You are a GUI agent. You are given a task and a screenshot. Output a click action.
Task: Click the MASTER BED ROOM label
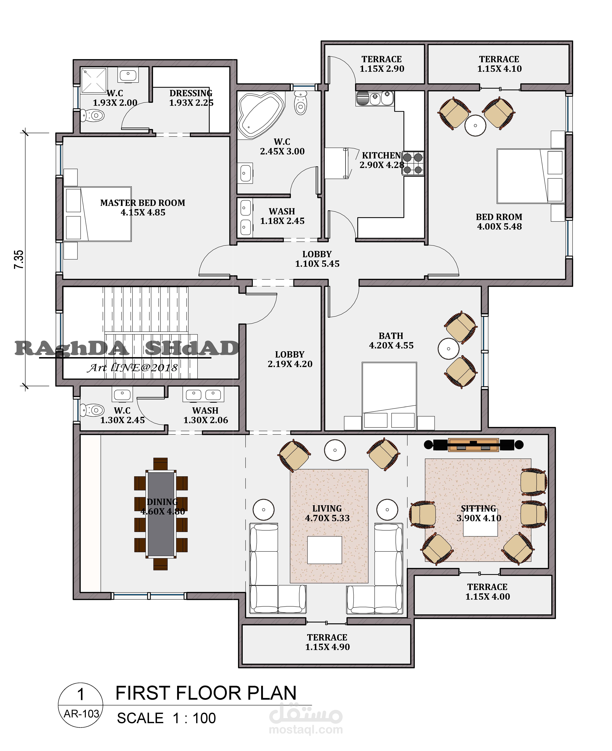coord(143,207)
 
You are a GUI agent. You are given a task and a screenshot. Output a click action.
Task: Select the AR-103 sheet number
coord(81,714)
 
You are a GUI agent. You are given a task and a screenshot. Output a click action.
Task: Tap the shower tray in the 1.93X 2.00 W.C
coord(94,81)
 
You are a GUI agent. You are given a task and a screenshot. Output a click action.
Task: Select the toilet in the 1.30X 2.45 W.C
coord(92,410)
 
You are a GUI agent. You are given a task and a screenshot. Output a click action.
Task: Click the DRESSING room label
coord(191,93)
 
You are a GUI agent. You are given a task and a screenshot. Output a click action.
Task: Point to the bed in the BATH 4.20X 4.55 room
coord(389,396)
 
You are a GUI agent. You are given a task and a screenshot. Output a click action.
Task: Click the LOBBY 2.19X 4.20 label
coord(290,359)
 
